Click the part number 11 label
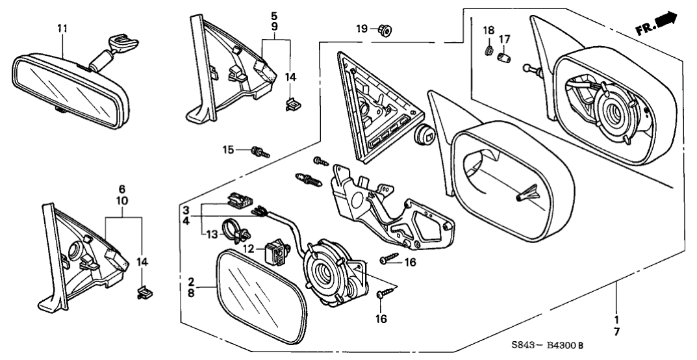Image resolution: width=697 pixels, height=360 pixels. pos(62,29)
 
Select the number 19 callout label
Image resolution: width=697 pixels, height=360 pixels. pos(362,28)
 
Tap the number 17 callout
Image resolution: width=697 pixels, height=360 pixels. pos(503,39)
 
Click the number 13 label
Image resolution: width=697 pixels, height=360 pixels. pos(210,233)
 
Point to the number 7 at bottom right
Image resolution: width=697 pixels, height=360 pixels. pos(616,332)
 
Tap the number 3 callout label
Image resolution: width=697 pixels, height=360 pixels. pos(186,211)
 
